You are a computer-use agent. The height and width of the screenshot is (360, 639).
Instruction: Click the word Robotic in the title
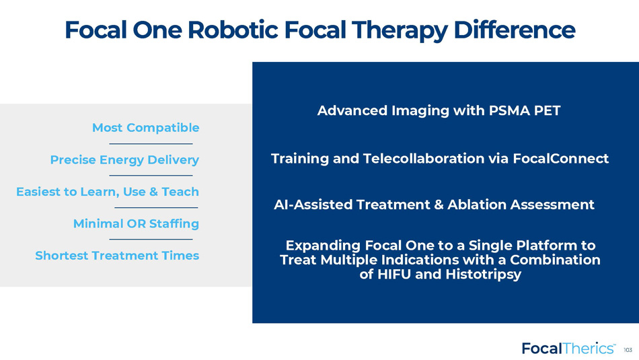(233, 30)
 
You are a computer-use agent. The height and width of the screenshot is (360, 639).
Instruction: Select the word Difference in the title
(514, 30)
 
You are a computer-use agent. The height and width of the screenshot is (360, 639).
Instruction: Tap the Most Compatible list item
(145, 128)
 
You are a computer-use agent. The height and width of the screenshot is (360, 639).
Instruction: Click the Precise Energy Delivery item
(124, 160)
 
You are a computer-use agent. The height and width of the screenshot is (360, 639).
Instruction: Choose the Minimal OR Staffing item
(136, 224)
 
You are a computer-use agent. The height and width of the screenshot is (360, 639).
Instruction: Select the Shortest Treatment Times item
(117, 256)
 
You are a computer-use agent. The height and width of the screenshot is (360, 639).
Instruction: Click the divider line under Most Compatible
(151, 143)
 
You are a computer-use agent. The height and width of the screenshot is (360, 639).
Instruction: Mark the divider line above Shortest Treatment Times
(151, 240)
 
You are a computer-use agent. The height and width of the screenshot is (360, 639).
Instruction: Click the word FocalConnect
(560, 158)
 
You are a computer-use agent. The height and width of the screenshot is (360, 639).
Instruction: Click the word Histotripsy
(484, 274)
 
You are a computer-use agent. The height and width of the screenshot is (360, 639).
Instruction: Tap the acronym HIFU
(394, 274)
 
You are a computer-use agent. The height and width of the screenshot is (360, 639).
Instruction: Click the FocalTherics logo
(568, 349)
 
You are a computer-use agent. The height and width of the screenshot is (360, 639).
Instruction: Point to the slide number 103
(628, 350)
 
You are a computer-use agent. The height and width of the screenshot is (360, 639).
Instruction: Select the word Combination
(555, 260)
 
